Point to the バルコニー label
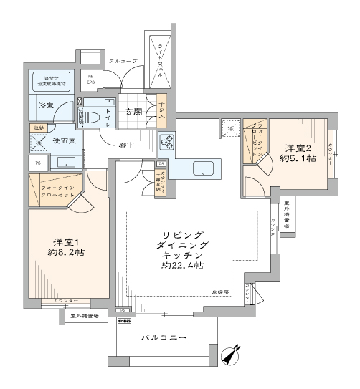pyautogui.click(x=164, y=337)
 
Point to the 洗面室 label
pyautogui.click(x=63, y=141)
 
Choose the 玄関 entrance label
pyautogui.click(x=133, y=111)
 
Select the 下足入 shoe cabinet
pyautogui.click(x=162, y=108)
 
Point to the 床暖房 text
pyautogui.click(x=219, y=293)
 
